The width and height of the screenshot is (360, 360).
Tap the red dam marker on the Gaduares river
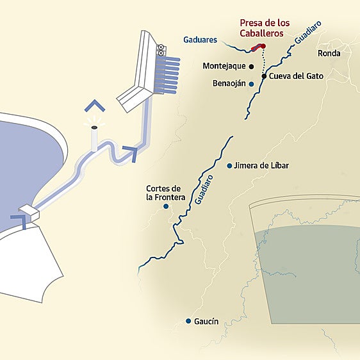coord(258,47)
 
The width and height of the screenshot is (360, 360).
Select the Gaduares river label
coord(200,40)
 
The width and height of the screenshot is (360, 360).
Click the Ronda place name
coord(329,54)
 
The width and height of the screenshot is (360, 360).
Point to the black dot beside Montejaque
coord(252,66)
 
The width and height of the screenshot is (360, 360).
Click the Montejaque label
coord(224,66)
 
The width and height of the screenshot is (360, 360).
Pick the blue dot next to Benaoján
coord(252,84)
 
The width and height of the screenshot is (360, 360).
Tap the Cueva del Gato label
coord(296,76)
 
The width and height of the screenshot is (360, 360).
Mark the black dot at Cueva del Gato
coord(264,76)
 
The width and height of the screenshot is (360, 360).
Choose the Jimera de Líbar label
coord(262,165)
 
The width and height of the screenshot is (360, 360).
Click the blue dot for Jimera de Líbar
coord(230,165)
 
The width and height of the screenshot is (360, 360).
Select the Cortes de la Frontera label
coord(166,193)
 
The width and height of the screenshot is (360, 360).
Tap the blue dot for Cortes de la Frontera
coord(166,206)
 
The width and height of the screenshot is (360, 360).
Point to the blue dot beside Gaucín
coord(188,321)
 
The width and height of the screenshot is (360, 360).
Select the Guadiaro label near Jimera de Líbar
coord(204,188)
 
